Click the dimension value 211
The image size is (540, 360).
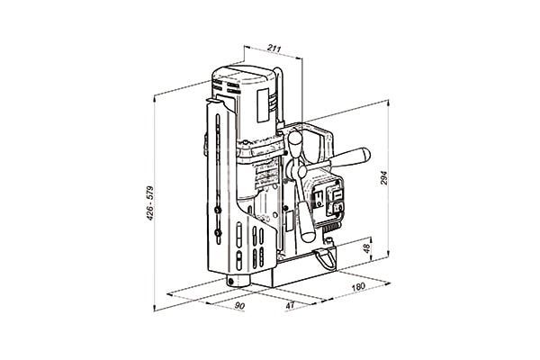[x=274, y=49]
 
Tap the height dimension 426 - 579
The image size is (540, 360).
[x=149, y=203]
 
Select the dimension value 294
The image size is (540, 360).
[x=384, y=178]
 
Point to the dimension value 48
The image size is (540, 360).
[x=367, y=248]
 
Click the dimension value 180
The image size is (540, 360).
[x=358, y=286]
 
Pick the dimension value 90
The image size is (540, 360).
[x=239, y=306]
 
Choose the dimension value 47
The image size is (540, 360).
[x=291, y=305]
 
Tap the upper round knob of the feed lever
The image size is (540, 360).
[x=295, y=139]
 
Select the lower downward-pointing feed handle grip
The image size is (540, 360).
[x=306, y=222]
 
